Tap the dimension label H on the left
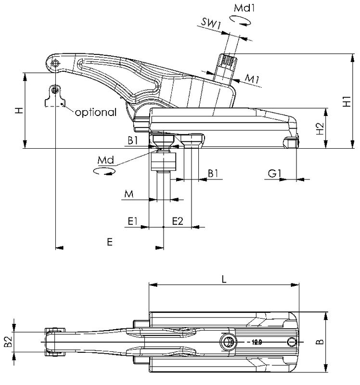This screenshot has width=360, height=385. pyautogui.click(x=18, y=111)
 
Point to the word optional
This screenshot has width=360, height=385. pyautogui.click(x=95, y=113)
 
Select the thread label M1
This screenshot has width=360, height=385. pyautogui.click(x=252, y=78)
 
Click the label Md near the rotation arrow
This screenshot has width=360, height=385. pyautogui.click(x=105, y=159)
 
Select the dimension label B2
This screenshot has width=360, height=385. pyautogui.click(x=8, y=342)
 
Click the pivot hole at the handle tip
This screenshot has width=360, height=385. pyautogui.click(x=57, y=63)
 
